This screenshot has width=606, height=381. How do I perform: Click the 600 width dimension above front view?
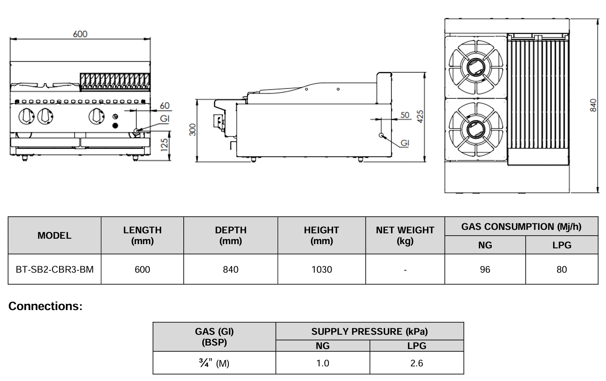click(x=80, y=34)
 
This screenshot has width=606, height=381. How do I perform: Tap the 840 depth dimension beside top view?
click(x=593, y=105)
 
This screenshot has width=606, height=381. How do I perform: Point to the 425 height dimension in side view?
click(x=420, y=116)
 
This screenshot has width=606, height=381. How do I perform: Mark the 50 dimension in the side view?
click(x=405, y=115)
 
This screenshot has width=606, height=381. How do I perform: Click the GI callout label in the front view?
click(x=165, y=119)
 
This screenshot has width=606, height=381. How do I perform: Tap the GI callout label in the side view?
click(x=405, y=143)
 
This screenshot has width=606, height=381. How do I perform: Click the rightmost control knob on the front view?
click(x=96, y=116)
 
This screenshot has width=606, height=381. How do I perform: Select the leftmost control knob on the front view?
click(x=26, y=116)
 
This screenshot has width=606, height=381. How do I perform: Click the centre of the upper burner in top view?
click(x=476, y=68)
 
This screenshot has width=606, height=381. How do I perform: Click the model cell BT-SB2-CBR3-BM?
click(x=54, y=270)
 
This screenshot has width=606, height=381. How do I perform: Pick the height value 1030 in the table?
click(x=322, y=270)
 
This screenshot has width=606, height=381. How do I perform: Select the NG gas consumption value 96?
click(x=485, y=270)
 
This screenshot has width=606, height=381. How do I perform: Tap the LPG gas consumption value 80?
click(x=562, y=270)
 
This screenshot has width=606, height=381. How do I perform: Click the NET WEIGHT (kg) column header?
click(x=405, y=235)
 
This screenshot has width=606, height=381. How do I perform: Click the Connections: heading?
click(x=46, y=306)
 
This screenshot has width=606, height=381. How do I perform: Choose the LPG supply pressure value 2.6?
click(x=416, y=363)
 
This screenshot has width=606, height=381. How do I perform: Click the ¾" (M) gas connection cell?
click(x=214, y=363)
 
